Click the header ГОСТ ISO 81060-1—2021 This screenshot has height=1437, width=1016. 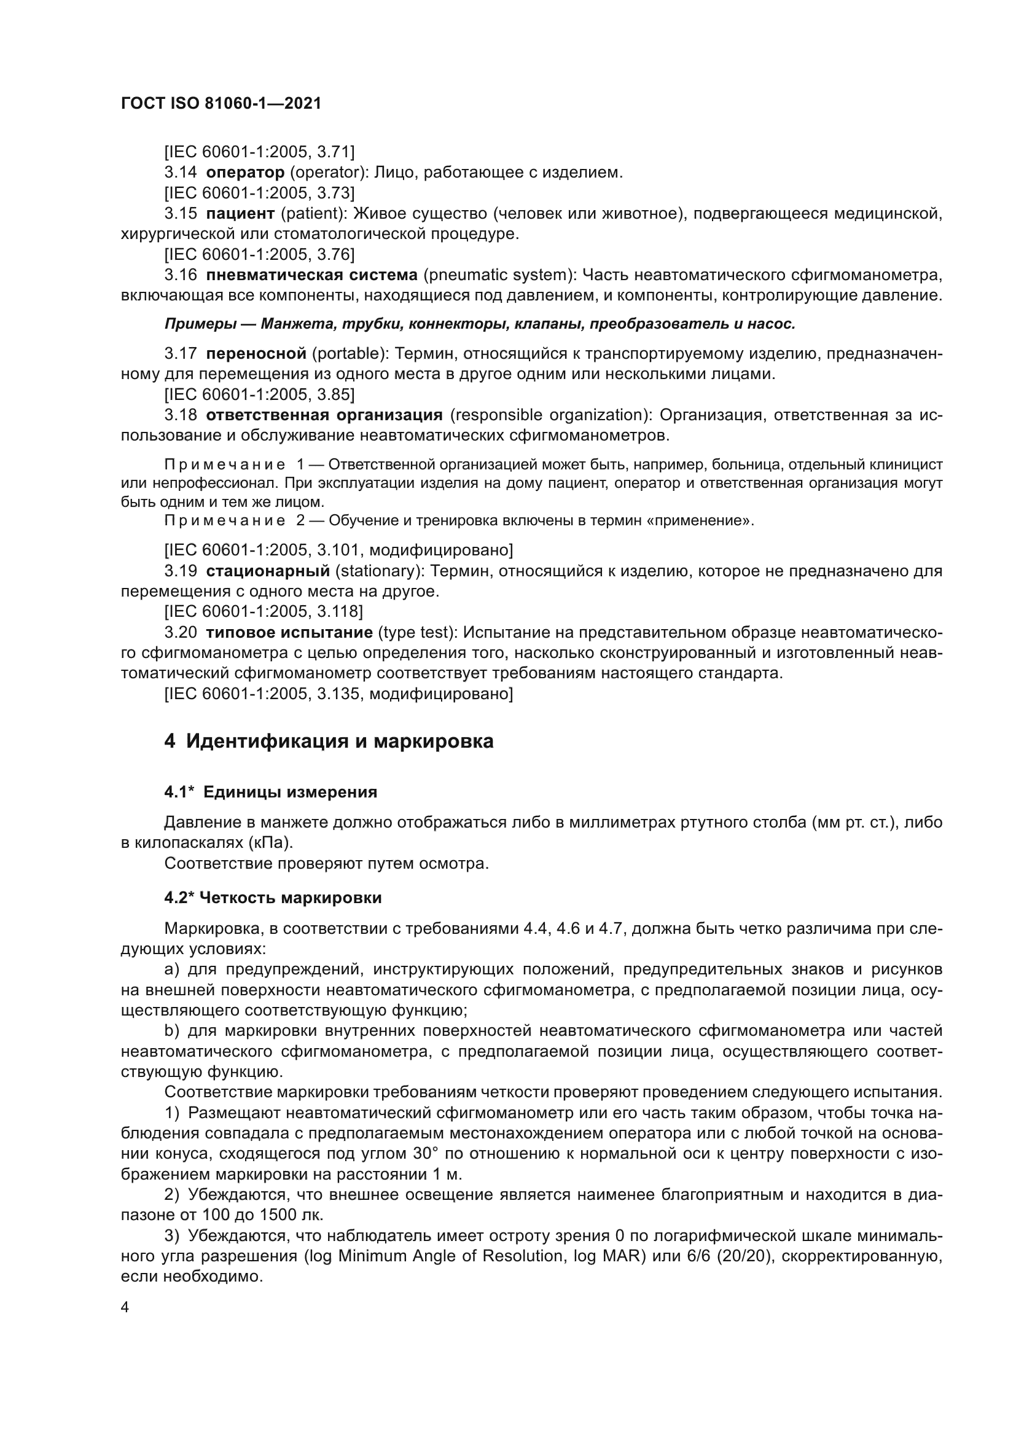tap(221, 104)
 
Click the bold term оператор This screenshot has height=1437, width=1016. tap(245, 172)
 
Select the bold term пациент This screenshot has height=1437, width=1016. tap(240, 213)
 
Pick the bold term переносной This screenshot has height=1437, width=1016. tap(256, 354)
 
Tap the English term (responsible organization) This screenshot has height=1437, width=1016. tap(550, 415)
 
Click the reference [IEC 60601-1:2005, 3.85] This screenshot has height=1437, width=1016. tap(259, 394)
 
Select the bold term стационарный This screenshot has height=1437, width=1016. tap(268, 571)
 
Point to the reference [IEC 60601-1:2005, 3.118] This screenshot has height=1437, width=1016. tap(264, 611)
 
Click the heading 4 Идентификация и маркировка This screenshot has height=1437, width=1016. tap(329, 741)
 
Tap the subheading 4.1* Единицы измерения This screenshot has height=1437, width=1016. tap(270, 793)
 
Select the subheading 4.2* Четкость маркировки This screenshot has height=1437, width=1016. tap(273, 898)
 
